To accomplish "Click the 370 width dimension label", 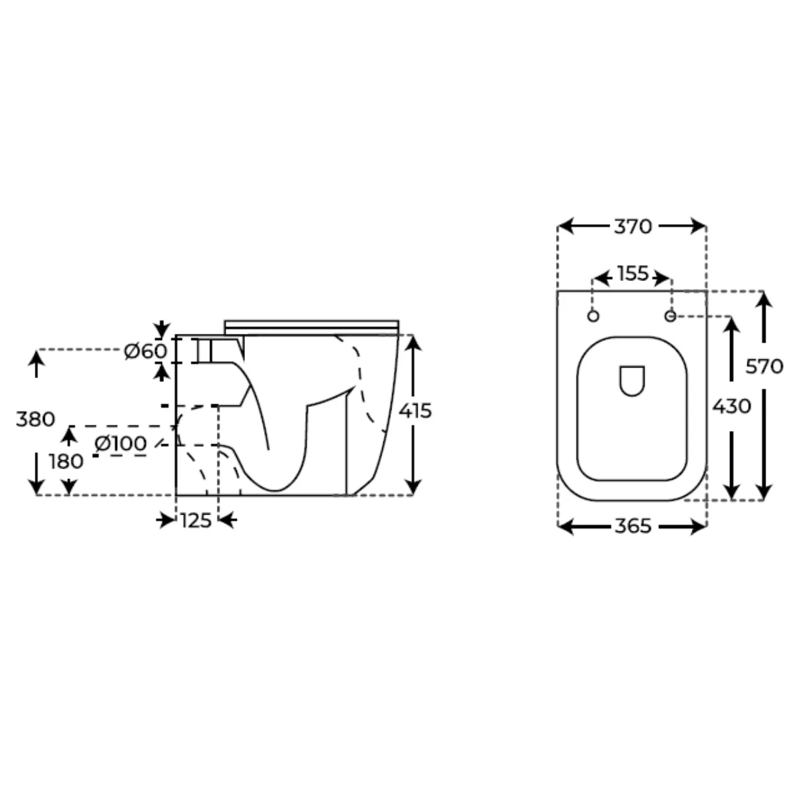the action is click(632, 227).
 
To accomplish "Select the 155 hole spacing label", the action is click(632, 274).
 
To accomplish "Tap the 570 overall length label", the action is click(764, 367).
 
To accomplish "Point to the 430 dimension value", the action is click(731, 406).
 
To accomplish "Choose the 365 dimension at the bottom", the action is click(632, 527).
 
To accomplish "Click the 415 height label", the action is click(415, 412).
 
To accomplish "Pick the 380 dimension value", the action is click(35, 419).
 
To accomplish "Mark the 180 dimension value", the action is click(66, 462).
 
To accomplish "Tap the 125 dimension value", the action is click(196, 521).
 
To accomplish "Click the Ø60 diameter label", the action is click(145, 351).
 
